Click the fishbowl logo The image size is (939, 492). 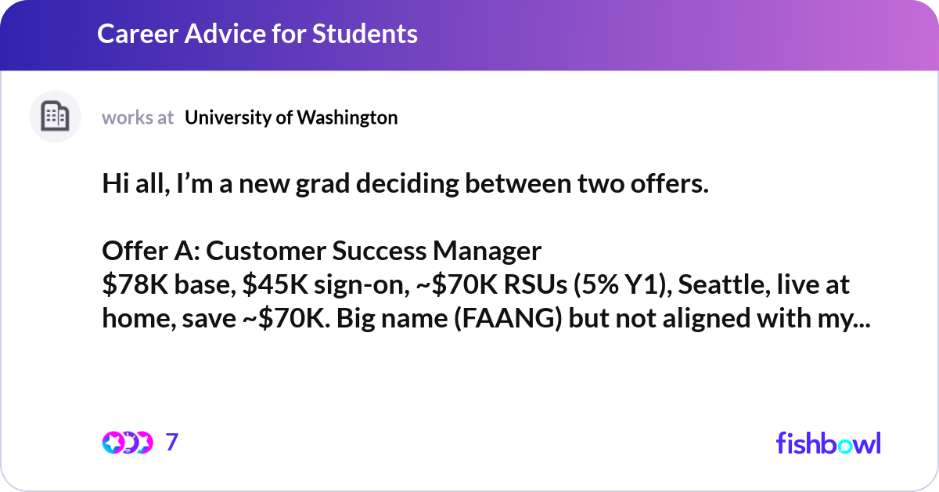pyautogui.click(x=828, y=443)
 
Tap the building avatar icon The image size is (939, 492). pyautogui.click(x=55, y=117)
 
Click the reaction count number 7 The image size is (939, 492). pyautogui.click(x=172, y=443)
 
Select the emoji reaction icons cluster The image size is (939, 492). pyautogui.click(x=126, y=443)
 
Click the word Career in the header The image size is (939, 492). pyautogui.click(x=131, y=34)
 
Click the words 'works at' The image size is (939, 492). pyautogui.click(x=138, y=118)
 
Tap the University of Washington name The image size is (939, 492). pyautogui.click(x=291, y=118)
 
